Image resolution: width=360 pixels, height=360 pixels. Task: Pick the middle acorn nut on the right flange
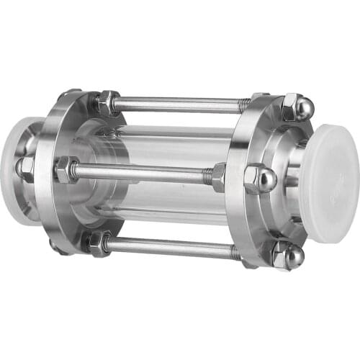(259, 178)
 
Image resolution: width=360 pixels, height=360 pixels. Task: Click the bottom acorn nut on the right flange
(289, 255)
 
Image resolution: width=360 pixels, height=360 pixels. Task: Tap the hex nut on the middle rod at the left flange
(66, 169)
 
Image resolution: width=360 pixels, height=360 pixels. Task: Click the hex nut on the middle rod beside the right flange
(218, 176)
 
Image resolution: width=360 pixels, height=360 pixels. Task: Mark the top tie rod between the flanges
(180, 104)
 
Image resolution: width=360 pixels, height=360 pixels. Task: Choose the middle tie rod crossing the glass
(144, 172)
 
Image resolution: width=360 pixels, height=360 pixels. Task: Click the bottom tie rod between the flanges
(173, 246)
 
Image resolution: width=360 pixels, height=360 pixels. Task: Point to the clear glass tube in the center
(173, 144)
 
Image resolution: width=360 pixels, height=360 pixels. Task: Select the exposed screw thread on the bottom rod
(234, 252)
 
